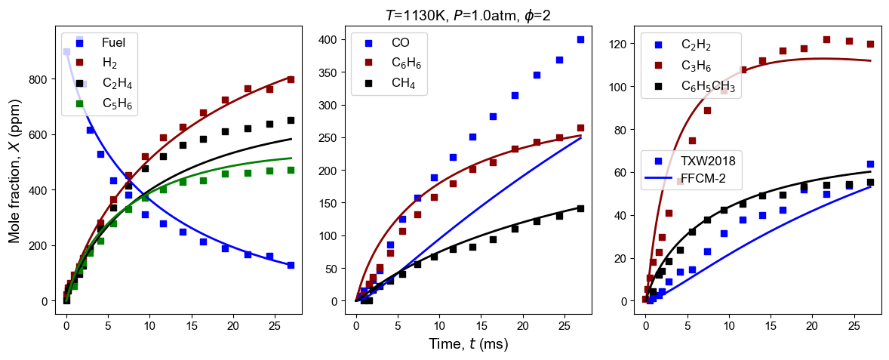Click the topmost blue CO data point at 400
pos(580,39)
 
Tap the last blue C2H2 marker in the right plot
pos(870,164)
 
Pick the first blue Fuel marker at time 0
pos(66,51)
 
